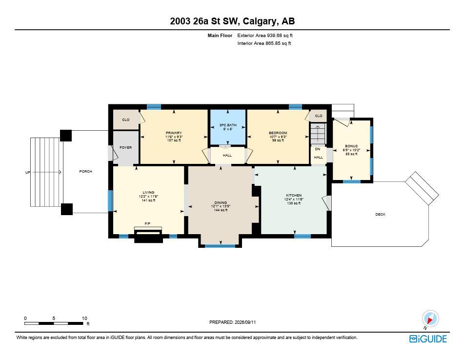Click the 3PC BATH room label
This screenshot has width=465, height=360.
[x=228, y=125]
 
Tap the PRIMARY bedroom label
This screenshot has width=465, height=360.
[x=174, y=133]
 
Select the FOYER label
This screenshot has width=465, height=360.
[x=126, y=147]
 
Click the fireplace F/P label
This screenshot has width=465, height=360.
[x=147, y=223]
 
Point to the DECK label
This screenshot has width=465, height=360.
[x=381, y=214]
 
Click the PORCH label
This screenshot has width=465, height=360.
[x=86, y=171]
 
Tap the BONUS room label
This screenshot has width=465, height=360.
[x=351, y=146]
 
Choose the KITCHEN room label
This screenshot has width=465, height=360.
[x=294, y=196]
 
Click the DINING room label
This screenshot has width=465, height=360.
[x=221, y=203]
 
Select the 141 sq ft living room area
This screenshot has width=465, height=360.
[x=148, y=200]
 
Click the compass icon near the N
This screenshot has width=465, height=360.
[x=430, y=319]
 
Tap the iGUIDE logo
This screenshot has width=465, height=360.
[x=428, y=339]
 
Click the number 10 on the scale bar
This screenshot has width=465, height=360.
[x=84, y=318]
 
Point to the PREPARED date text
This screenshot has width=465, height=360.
[x=232, y=322]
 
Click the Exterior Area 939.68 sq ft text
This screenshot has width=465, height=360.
[x=265, y=35]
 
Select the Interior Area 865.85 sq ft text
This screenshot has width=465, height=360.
[x=264, y=43]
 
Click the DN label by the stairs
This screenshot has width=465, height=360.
[x=318, y=149]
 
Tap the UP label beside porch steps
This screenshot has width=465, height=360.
[x=28, y=172]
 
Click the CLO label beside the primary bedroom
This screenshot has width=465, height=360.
[x=126, y=120]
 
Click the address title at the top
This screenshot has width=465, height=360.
[x=232, y=21]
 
